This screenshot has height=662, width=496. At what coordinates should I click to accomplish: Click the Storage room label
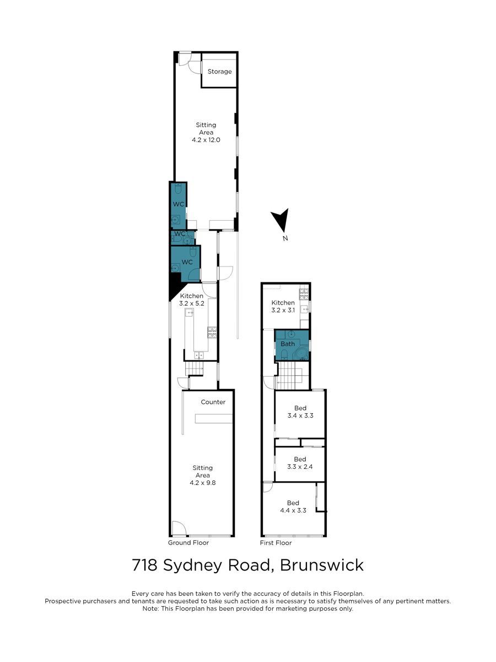click(x=219, y=72)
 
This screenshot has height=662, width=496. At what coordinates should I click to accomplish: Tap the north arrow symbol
click(x=281, y=220)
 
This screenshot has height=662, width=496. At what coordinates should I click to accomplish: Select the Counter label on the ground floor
click(x=213, y=402)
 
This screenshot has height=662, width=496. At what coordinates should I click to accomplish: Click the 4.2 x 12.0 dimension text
click(x=206, y=140)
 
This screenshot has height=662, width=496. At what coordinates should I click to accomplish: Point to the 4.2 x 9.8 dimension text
click(x=203, y=483)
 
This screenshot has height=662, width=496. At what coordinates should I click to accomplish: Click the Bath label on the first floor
click(x=288, y=344)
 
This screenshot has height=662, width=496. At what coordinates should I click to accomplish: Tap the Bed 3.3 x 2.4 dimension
click(x=300, y=467)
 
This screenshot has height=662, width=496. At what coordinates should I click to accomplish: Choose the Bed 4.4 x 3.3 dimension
click(x=293, y=511)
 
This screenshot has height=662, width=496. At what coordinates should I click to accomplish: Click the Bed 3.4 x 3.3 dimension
click(x=300, y=415)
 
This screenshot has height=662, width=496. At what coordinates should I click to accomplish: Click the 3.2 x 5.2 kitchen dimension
click(x=192, y=303)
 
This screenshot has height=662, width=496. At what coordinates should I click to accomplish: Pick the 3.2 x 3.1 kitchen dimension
click(x=283, y=310)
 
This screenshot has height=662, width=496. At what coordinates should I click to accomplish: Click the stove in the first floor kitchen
click(x=304, y=294)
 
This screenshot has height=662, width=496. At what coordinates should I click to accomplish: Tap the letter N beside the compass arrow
click(x=285, y=238)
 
